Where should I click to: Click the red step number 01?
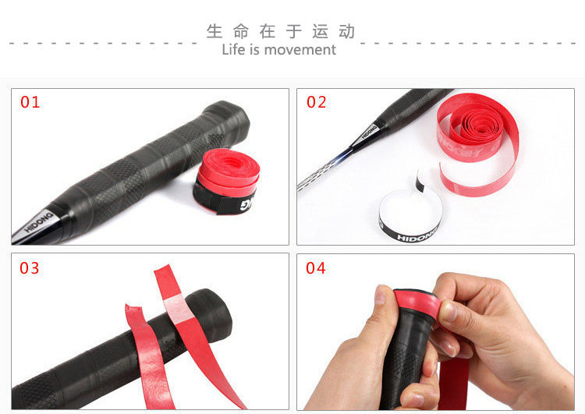coord(30,102)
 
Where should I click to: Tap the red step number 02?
coord(317,102)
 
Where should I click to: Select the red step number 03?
coord(30,267)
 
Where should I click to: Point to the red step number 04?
coord(316,267)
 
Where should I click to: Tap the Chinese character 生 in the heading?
coord(214,31)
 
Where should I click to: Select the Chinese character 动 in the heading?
coord(346,31)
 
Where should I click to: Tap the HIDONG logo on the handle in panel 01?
coord(39,221)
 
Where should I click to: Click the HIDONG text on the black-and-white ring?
coord(416,237)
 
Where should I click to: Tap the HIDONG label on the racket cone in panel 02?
coord(369,132)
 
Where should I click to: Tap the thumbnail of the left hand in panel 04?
coord(380,295)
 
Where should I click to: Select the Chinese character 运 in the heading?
coord(321,31)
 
